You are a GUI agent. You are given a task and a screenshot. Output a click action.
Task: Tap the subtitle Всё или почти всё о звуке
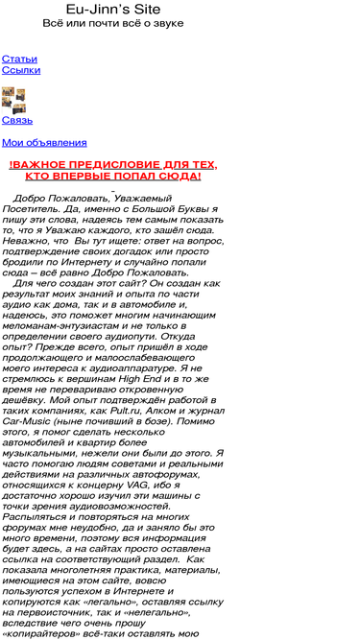[113, 23]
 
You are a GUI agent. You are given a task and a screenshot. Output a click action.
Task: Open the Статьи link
[19, 59]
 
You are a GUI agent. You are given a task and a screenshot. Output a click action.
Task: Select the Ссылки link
[21, 70]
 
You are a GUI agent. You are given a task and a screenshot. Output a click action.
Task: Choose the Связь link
[17, 120]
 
